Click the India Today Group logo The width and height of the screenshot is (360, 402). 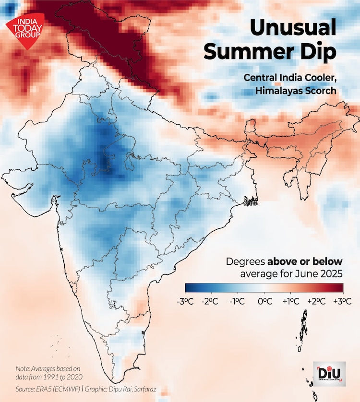coord(24,29)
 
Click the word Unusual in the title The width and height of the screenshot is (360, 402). coord(293,29)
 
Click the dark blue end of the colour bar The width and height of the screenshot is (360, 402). coord(189,287)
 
